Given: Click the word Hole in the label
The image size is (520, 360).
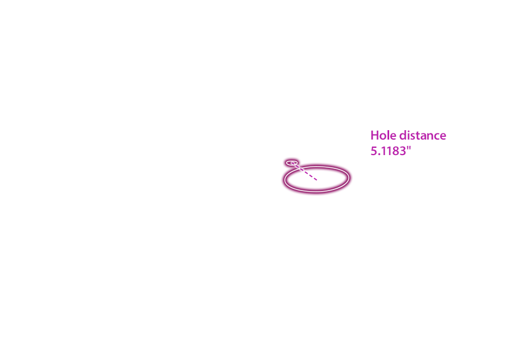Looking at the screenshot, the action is coord(384,135).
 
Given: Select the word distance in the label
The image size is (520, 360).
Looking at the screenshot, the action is coord(423,135).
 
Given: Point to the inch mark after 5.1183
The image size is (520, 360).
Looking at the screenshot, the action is coord(409,148).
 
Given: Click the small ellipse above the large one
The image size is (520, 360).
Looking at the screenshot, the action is coord(292,163).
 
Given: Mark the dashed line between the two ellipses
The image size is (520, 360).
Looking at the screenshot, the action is coord(304,171).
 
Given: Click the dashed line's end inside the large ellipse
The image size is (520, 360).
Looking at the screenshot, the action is coord(317,180).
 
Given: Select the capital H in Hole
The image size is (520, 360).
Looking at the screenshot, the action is coord(374,136).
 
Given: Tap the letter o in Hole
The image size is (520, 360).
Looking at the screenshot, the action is coord(383,137).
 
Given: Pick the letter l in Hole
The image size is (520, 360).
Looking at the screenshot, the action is coord(389,135).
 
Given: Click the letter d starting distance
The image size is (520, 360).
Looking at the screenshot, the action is coord(402,135).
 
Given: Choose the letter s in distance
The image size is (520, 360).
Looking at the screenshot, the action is coord(413,137).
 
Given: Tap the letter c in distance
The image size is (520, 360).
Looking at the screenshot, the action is coord(438,137).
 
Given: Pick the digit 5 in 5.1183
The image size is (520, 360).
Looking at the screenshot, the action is coord(374,151).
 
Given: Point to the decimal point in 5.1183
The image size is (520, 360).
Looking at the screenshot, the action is coord(379,155).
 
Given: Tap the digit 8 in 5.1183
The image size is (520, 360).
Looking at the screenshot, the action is coord(396,151).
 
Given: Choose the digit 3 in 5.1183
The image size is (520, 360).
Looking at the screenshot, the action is coord(402,151).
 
